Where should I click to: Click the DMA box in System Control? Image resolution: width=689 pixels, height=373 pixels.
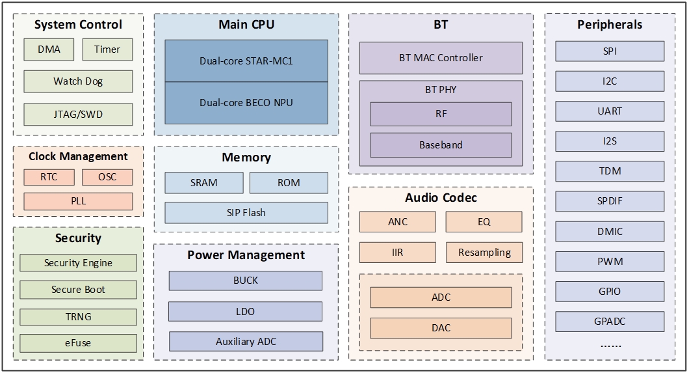pyautogui.click(x=49, y=49)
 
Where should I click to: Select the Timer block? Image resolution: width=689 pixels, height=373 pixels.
pyautogui.click(x=107, y=49)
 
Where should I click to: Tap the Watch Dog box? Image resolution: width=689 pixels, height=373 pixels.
pyautogui.click(x=78, y=81)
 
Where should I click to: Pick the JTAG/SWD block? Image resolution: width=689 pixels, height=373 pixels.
pyautogui.click(x=78, y=114)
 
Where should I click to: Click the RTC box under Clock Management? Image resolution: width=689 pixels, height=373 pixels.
pyautogui.click(x=49, y=177)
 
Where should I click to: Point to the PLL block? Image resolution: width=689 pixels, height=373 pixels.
pyautogui.click(x=78, y=201)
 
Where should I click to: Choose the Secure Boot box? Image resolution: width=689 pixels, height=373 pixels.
pyautogui.click(x=78, y=290)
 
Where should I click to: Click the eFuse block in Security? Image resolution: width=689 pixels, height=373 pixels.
pyautogui.click(x=78, y=343)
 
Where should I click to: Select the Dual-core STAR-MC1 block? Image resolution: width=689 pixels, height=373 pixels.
pyautogui.click(x=246, y=61)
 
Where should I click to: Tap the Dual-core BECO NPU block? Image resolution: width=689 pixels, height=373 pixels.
pyautogui.click(x=246, y=103)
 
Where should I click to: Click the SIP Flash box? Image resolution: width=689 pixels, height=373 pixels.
pyautogui.click(x=246, y=212)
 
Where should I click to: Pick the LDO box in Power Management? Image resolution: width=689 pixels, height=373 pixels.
pyautogui.click(x=245, y=311)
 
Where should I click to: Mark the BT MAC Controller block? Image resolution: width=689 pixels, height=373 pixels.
pyautogui.click(x=441, y=58)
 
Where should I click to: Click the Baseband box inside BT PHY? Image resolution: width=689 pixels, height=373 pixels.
pyautogui.click(x=441, y=145)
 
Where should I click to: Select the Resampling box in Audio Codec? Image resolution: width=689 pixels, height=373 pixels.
pyautogui.click(x=484, y=252)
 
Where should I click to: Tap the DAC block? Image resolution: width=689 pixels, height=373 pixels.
pyautogui.click(x=441, y=328)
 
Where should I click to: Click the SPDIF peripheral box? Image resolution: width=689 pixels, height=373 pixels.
pyautogui.click(x=610, y=201)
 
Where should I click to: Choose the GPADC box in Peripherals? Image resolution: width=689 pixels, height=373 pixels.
pyautogui.click(x=610, y=321)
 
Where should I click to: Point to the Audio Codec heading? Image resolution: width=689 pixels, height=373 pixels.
pyautogui.click(x=441, y=197)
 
